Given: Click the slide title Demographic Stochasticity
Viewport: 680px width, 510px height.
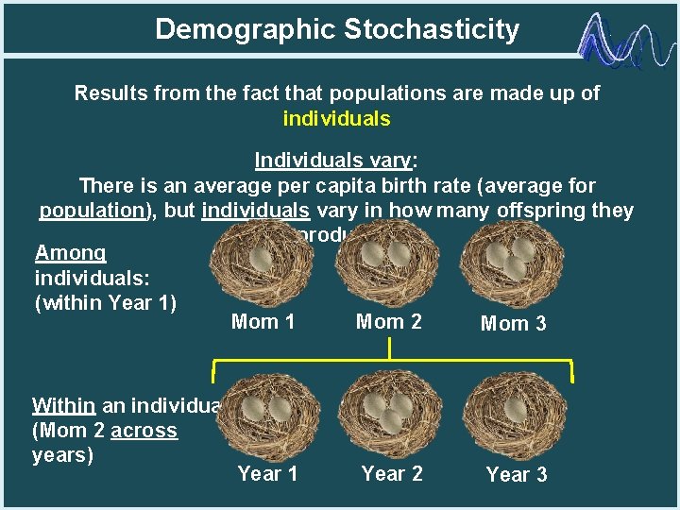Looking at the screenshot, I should click(x=337, y=29).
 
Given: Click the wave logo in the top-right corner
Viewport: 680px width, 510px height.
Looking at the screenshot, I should click(x=624, y=42).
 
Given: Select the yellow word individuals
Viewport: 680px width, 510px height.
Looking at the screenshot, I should click(x=336, y=119).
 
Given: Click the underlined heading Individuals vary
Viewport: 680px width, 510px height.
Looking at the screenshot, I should click(x=336, y=161).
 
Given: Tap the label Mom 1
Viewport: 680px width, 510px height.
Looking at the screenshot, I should click(x=263, y=322).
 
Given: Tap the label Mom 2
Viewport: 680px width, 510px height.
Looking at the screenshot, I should click(x=388, y=322).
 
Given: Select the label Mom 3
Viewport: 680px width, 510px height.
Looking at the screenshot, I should click(x=513, y=324).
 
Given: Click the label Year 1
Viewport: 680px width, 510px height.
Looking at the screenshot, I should click(x=267, y=473).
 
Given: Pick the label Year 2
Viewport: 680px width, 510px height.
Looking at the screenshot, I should click(x=392, y=473).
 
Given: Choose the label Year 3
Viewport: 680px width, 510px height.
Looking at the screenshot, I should click(x=516, y=475).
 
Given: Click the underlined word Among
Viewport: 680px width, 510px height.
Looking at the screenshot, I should click(x=71, y=253).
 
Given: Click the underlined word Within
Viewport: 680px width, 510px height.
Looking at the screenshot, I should click(x=63, y=406).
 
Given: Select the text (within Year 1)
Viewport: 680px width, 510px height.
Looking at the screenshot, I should click(x=106, y=304).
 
